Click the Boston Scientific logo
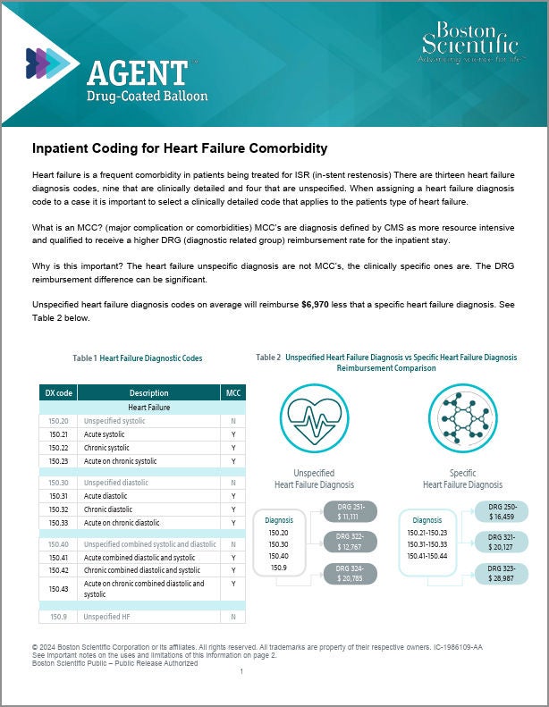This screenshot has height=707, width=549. (468, 42)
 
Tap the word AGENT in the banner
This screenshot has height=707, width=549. (138, 72)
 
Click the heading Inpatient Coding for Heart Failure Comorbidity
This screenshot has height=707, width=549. (180, 147)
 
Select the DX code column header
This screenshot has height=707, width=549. (59, 392)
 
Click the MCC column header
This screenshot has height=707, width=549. (233, 392)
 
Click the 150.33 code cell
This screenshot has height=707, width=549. (59, 523)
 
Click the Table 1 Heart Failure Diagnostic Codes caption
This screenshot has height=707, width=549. (138, 358)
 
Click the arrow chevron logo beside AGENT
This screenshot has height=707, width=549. (46, 63)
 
